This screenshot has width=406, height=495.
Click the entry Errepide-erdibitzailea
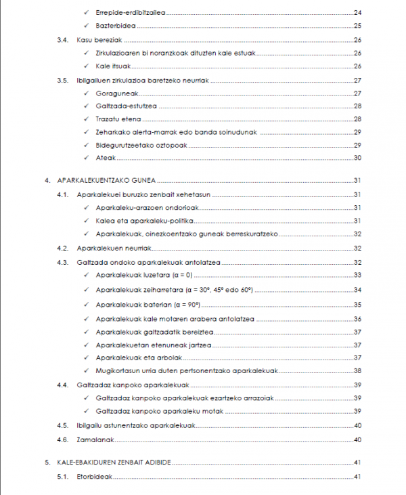(x=131, y=13)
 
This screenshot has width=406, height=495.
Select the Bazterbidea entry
(x=116, y=26)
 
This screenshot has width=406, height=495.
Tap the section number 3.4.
(x=62, y=40)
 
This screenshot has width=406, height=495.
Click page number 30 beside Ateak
(x=358, y=158)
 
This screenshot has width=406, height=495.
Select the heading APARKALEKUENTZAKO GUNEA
(x=108, y=181)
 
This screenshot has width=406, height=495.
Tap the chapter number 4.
(x=47, y=181)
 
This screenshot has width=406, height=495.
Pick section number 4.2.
(x=63, y=249)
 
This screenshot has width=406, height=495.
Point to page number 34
(x=358, y=290)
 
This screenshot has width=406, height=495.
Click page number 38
(x=358, y=371)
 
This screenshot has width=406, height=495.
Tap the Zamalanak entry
(x=95, y=439)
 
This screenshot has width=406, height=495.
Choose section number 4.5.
(x=63, y=425)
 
